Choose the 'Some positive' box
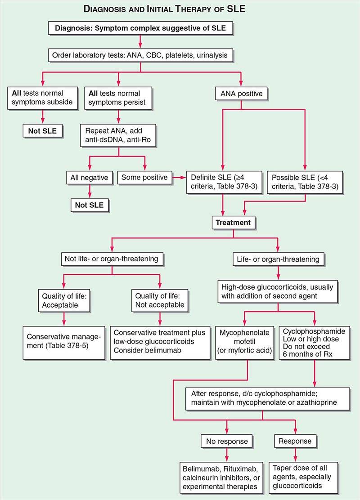pos(144,177)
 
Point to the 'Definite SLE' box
pos(223,182)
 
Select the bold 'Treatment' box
pos(233,222)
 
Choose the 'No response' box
pos(227,441)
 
